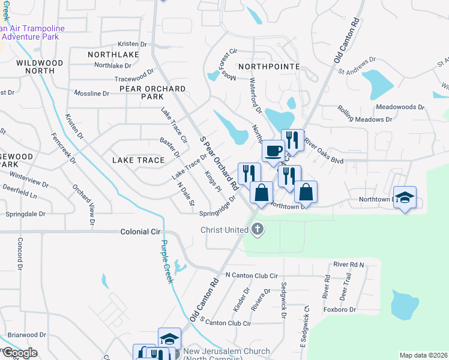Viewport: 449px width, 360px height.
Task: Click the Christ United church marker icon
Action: (x=258, y=229)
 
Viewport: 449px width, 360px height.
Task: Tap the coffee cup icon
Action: (x=274, y=150)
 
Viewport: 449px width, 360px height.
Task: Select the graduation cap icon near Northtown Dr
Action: (x=405, y=197)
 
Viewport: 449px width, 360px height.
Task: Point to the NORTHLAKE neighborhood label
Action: (x=113, y=55)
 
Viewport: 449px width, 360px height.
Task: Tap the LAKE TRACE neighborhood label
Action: (x=138, y=160)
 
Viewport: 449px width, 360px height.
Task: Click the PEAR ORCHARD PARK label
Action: (x=152, y=92)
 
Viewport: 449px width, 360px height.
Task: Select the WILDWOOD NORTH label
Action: (x=40, y=67)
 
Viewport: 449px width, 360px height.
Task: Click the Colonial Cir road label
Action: (x=143, y=231)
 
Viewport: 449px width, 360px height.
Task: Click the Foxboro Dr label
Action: (x=340, y=310)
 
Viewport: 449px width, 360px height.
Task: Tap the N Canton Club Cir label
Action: (x=252, y=275)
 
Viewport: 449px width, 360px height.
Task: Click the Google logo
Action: (x=20, y=353)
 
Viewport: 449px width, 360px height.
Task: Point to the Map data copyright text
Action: (x=423, y=355)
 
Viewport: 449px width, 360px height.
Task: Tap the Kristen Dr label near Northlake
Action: (x=132, y=44)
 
